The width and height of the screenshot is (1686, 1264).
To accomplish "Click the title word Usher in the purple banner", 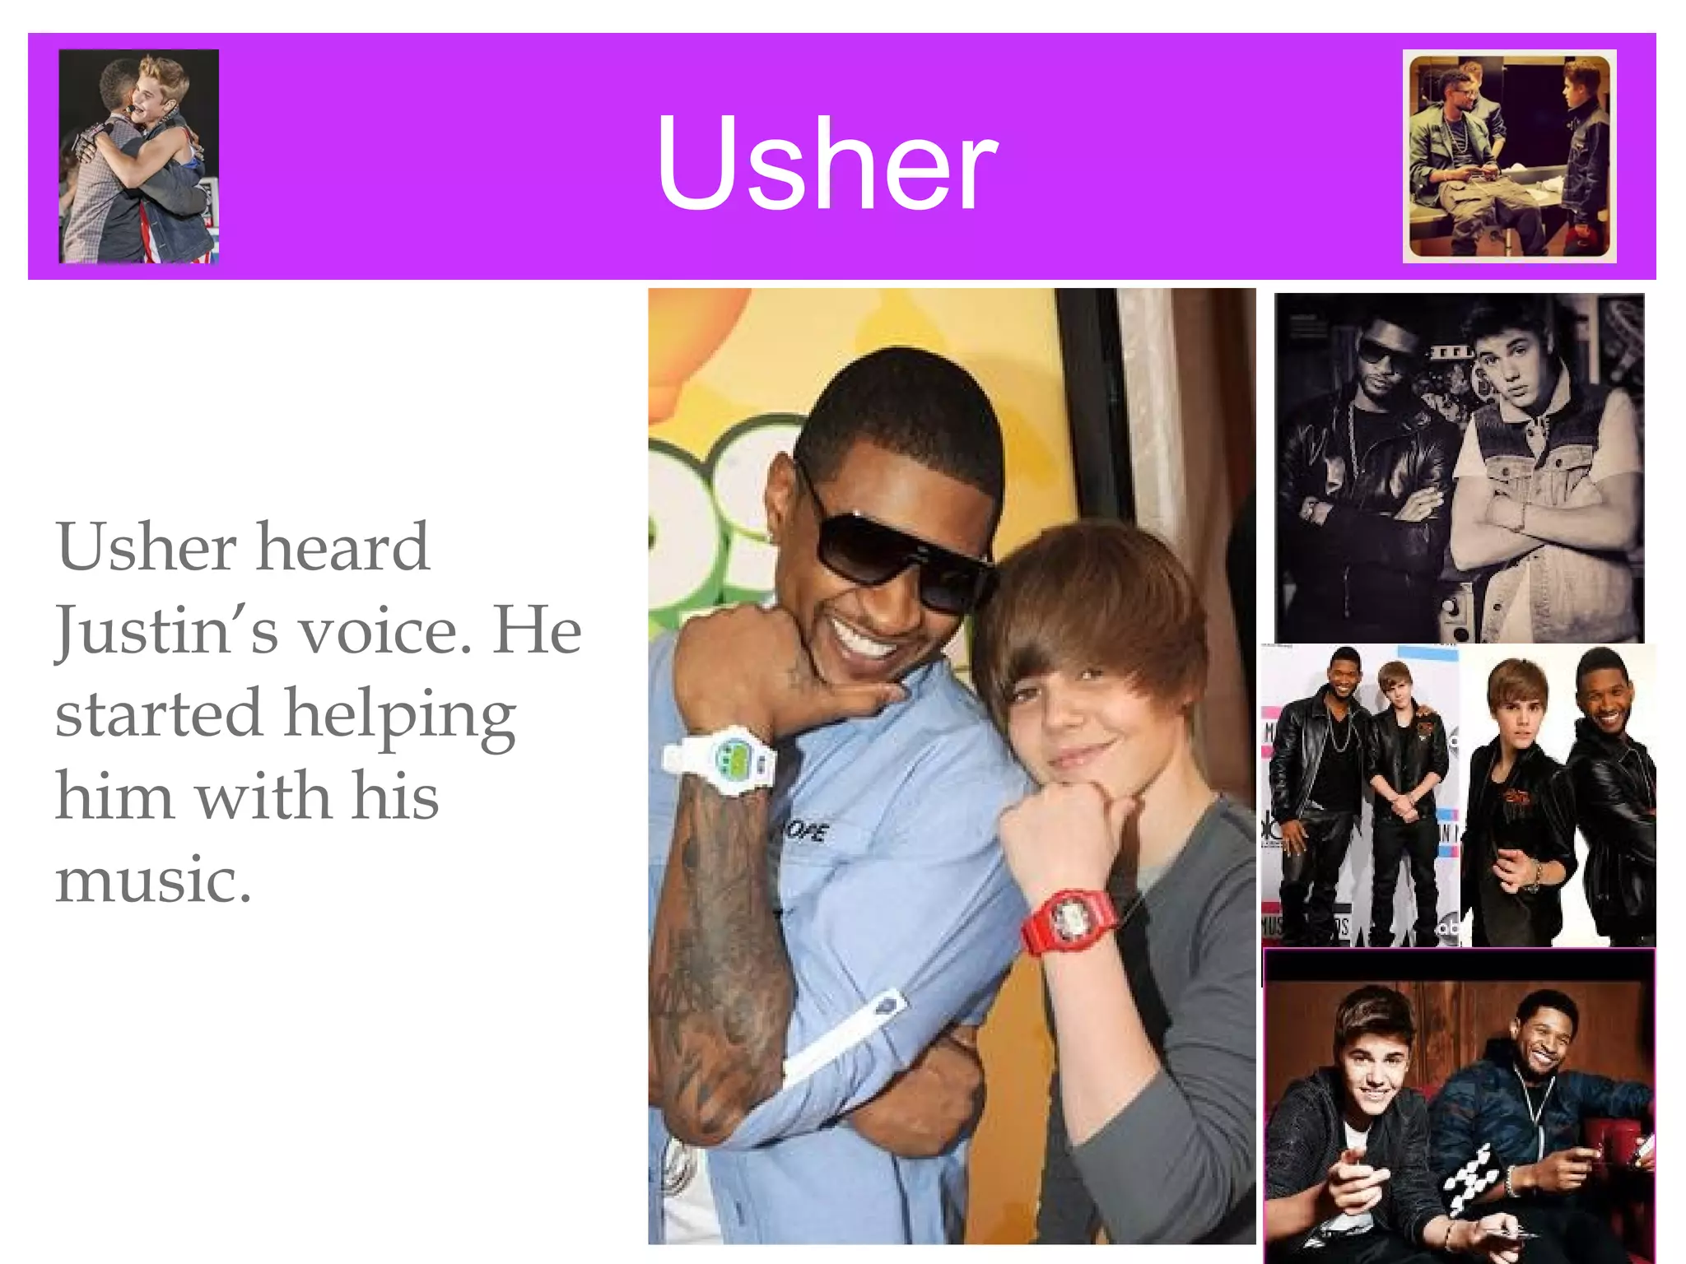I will pyautogui.click(x=827, y=162).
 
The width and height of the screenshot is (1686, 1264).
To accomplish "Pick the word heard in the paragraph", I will pyautogui.click(x=342, y=546).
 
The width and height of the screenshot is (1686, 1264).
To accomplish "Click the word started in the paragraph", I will pyautogui.click(x=158, y=713).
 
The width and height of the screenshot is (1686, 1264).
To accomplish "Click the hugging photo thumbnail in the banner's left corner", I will pyautogui.click(x=138, y=156).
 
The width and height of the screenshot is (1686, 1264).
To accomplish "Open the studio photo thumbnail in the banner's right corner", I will pyautogui.click(x=1509, y=156).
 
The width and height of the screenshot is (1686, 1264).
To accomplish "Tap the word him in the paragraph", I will pyautogui.click(x=114, y=797).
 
